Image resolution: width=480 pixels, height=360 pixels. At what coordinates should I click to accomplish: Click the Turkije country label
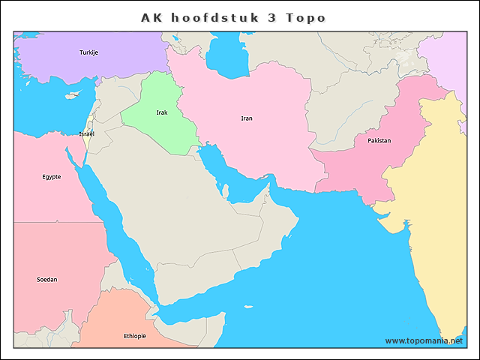pos(89,52)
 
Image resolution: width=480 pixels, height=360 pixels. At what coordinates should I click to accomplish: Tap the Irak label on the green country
pos(162,112)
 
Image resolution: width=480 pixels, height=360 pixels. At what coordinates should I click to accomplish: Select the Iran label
pos(247,118)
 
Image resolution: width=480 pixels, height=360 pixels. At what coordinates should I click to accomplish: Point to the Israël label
pos(86,133)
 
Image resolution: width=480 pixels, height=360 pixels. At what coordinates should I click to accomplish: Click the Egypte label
pos(52,177)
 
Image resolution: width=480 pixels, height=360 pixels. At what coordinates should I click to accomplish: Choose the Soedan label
pos(46,280)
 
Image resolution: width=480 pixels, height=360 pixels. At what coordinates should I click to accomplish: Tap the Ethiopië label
pos(135,336)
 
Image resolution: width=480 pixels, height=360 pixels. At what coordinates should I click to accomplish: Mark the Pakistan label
pos(379,141)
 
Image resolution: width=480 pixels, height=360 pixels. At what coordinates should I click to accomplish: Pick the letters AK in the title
pos(152,17)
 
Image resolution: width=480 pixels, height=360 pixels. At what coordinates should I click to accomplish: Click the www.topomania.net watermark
pos(424,340)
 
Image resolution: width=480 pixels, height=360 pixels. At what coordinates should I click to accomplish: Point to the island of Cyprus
pos(73,95)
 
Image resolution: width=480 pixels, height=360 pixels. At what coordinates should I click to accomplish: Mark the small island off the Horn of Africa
pos(246,306)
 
